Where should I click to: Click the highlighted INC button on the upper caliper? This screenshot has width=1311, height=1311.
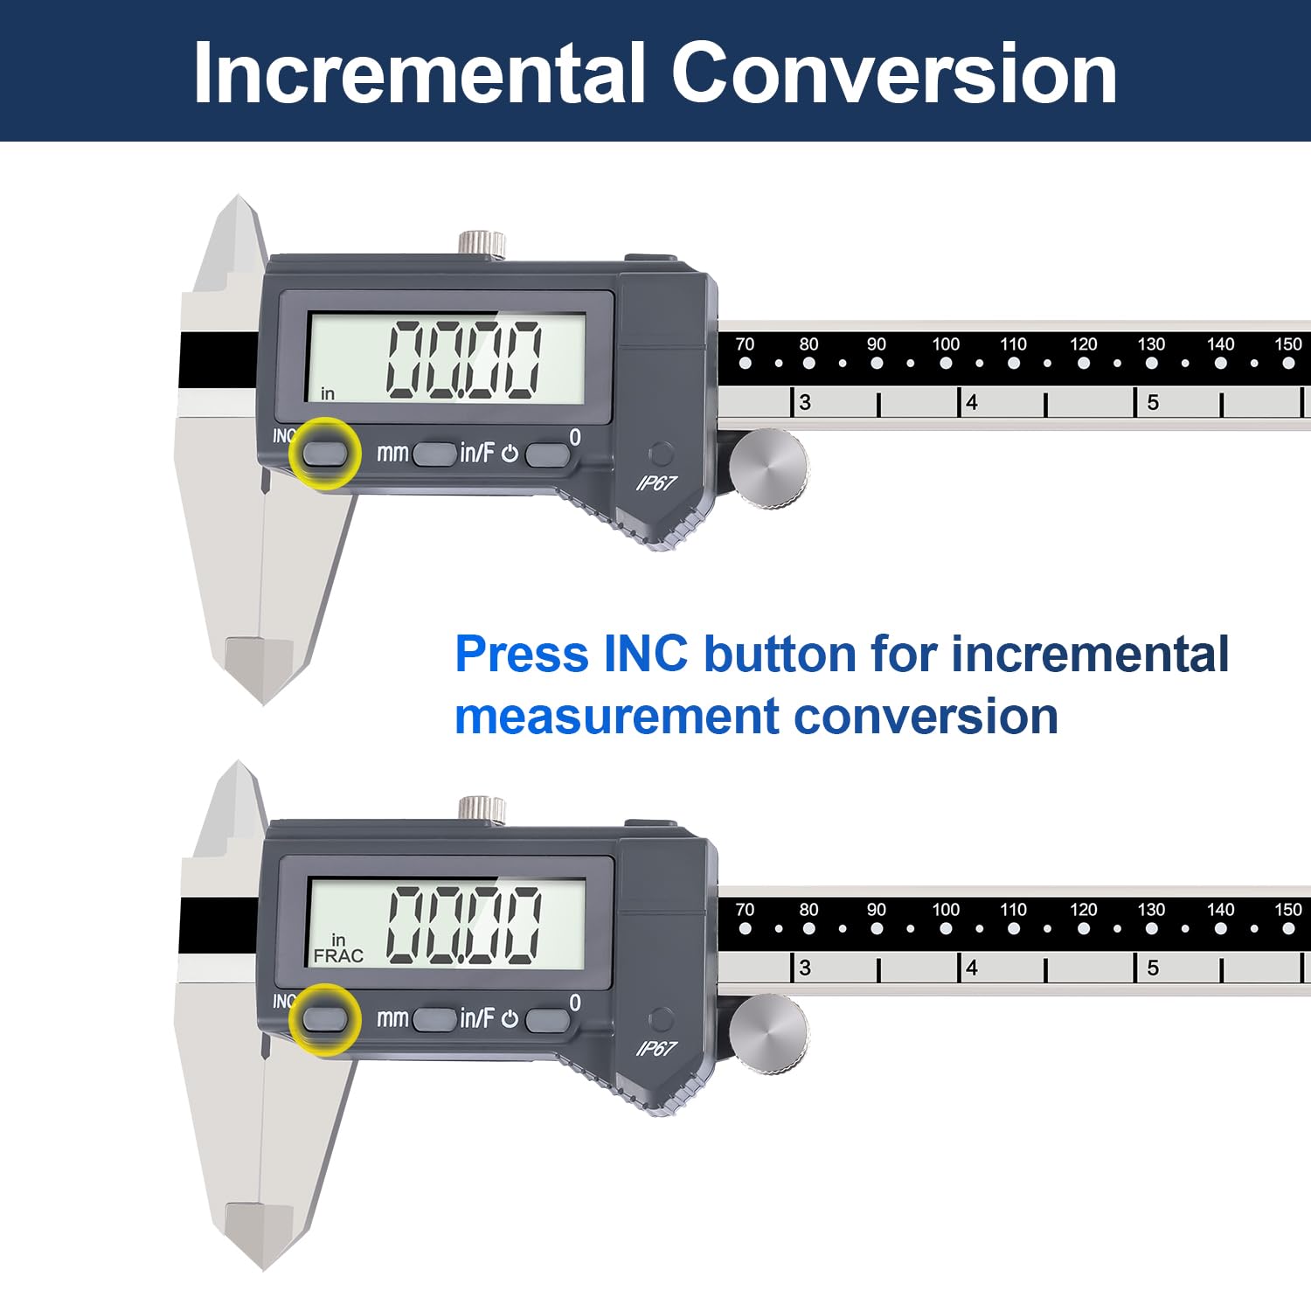pos(324,454)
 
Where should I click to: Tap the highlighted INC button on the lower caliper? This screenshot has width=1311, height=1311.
pos(324,1019)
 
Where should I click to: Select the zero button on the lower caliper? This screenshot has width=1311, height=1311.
pos(547,1019)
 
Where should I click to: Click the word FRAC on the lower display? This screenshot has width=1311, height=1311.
pos(338,956)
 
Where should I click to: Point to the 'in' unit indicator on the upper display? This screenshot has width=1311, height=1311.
pos(328,394)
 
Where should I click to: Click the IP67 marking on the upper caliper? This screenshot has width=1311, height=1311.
pos(656,482)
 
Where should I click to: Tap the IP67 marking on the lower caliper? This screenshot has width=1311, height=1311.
pos(656,1048)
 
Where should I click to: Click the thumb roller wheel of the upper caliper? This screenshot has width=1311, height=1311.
pos(769,468)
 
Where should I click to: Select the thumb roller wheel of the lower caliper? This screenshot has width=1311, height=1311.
pos(769,1033)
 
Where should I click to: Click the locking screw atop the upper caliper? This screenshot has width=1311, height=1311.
pos(482,242)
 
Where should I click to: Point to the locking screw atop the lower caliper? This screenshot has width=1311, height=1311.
pos(482,808)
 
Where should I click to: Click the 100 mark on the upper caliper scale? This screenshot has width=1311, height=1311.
pos(946,344)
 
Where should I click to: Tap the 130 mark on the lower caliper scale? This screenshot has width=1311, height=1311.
pos(1151,910)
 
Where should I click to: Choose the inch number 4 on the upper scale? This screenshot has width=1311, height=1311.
pos(972,403)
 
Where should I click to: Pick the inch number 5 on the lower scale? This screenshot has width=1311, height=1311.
pos(1153,968)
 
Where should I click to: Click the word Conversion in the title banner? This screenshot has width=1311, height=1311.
pos(893,73)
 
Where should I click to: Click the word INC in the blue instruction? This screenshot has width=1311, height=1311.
pos(645,654)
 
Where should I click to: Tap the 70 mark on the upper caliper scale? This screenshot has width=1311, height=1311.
pos(745,344)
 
